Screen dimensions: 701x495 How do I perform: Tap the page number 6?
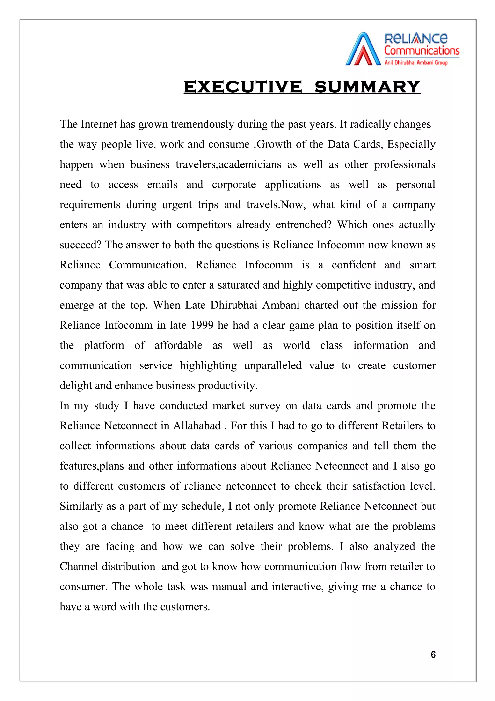pyautogui.click(x=433, y=655)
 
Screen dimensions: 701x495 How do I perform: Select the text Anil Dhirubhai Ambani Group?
pyautogui.click(x=416, y=63)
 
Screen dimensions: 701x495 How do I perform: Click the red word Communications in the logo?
pyautogui.click(x=422, y=51)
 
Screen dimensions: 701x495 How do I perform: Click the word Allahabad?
pyautogui.click(x=197, y=426)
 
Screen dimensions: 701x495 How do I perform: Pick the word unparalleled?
pyautogui.click(x=273, y=365)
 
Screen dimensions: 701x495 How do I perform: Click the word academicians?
pyautogui.click(x=250, y=164)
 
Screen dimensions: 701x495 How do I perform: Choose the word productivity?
pyautogui.click(x=227, y=386)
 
